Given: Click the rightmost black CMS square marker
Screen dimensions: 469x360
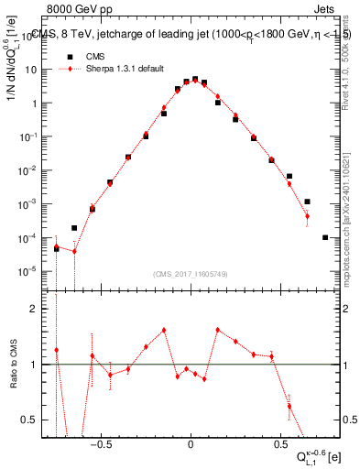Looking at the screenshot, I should [325, 237].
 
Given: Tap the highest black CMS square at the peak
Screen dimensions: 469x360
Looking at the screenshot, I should [195, 80].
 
